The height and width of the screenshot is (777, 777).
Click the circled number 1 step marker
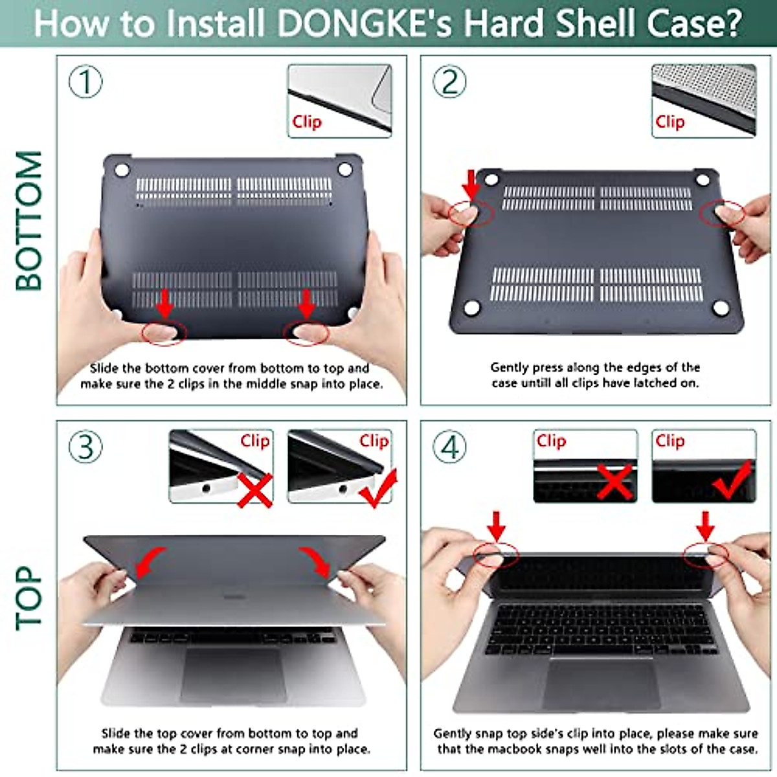tap(85, 82)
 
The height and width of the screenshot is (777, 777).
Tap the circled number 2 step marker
tap(450, 82)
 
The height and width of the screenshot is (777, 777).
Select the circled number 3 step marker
tap(85, 447)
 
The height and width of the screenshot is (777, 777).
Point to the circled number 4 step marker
tap(450, 447)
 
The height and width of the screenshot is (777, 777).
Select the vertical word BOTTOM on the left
tap(29, 220)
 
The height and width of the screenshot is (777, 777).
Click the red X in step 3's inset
tap(254, 489)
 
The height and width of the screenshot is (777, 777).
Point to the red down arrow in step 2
tap(472, 184)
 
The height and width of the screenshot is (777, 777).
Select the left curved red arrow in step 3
tap(149, 561)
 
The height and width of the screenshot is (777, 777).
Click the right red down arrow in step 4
tap(705, 525)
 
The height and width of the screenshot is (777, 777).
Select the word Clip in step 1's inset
tap(306, 122)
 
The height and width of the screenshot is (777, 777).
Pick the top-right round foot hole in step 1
tap(345, 170)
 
